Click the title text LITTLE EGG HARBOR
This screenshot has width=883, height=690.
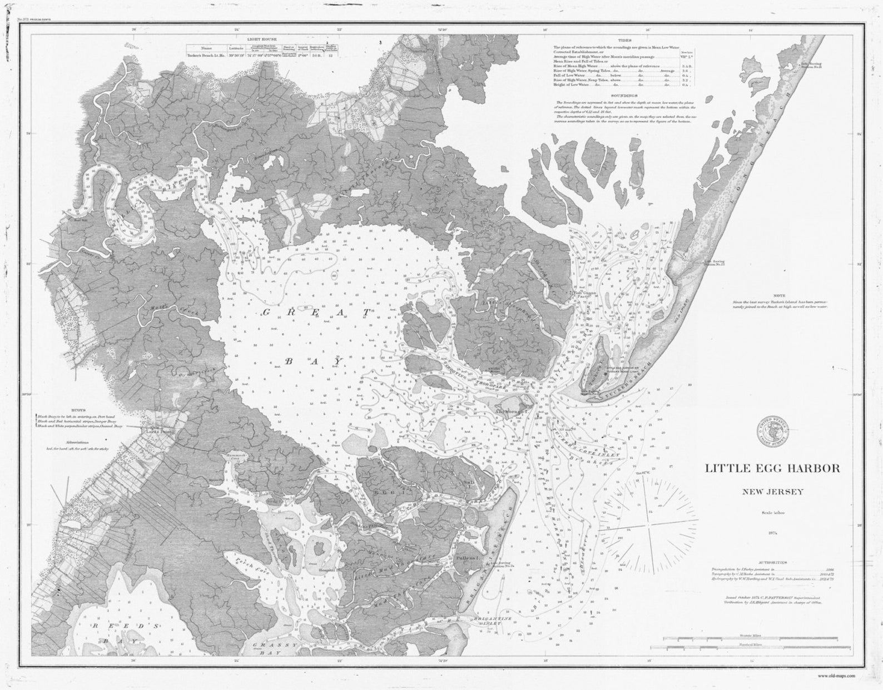(772, 468)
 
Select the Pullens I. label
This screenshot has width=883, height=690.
(466, 555)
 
